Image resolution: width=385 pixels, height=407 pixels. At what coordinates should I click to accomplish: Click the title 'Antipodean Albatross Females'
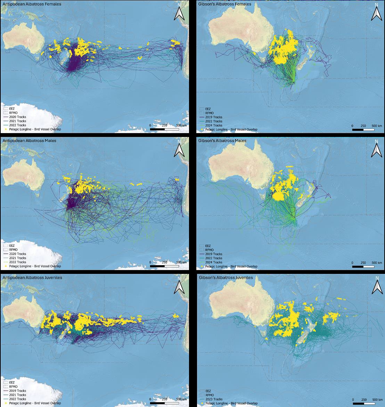pyautogui.click(x=32, y=4)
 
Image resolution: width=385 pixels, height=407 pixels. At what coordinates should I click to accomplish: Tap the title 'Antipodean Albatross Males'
pyautogui.click(x=29, y=141)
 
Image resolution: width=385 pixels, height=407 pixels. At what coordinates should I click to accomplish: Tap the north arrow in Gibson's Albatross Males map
pyautogui.click(x=376, y=149)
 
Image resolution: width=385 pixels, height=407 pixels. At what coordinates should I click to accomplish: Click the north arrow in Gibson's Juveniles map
pyautogui.click(x=376, y=286)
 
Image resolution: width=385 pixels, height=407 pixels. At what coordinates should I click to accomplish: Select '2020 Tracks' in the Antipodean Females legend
pyautogui.click(x=17, y=117)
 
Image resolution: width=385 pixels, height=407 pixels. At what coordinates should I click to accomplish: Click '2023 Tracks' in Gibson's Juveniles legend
pyautogui.click(x=214, y=399)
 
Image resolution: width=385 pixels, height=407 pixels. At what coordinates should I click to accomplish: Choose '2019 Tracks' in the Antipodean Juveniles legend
pyautogui.click(x=17, y=391)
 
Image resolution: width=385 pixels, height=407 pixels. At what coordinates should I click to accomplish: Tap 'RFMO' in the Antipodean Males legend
pyautogui.click(x=13, y=250)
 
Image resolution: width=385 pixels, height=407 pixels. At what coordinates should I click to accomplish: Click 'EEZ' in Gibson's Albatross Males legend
pyautogui.click(x=208, y=246)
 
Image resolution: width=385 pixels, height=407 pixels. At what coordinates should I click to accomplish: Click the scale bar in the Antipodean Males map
pyautogui.click(x=164, y=266)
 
